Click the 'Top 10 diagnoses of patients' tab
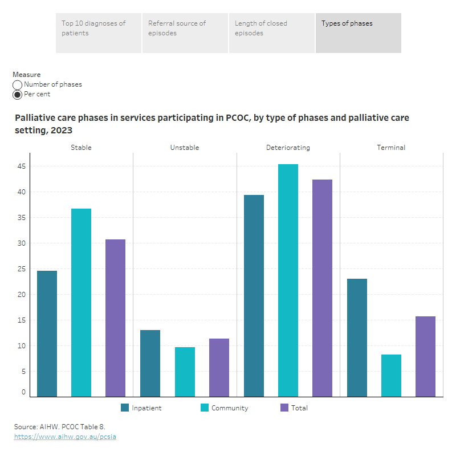[98, 33]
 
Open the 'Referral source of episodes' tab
[185, 33]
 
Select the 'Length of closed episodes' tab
[271, 33]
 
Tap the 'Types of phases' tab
[358, 33]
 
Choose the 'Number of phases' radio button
[18, 85]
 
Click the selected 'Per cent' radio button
[18, 95]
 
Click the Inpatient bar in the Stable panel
[47, 333]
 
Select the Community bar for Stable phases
[81, 302]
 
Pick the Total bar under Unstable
[219, 368]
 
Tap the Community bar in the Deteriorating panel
[288, 280]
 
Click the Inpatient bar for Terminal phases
[357, 337]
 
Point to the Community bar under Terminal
[391, 376]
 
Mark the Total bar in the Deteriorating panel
[322, 288]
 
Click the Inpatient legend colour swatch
[125, 408]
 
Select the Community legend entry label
[230, 408]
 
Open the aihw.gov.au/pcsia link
[65, 437]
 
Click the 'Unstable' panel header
[185, 148]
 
